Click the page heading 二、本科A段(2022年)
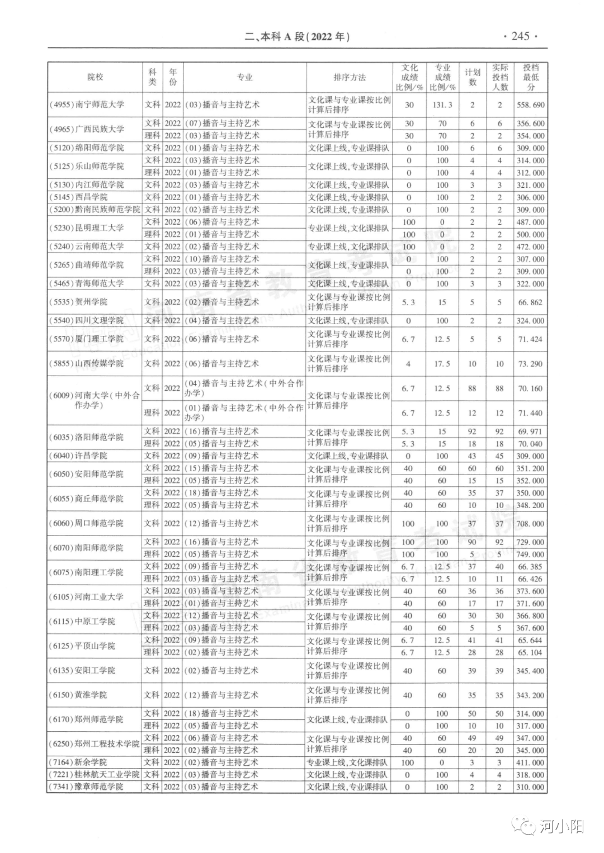[x=298, y=37]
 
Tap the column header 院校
[x=95, y=77]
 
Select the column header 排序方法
[x=350, y=77]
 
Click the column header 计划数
[x=473, y=77]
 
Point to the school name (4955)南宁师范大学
[x=87, y=105]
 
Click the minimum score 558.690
[x=530, y=105]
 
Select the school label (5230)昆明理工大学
[x=87, y=228]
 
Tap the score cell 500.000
[x=530, y=235]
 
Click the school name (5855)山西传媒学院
[x=87, y=363]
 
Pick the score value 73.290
[x=530, y=364]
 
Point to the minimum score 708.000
[x=530, y=524]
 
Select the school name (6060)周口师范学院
[x=87, y=523]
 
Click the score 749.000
[x=530, y=555]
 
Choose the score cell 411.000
[x=530, y=763]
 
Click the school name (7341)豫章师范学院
[x=87, y=787]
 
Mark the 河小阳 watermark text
[x=562, y=826]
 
